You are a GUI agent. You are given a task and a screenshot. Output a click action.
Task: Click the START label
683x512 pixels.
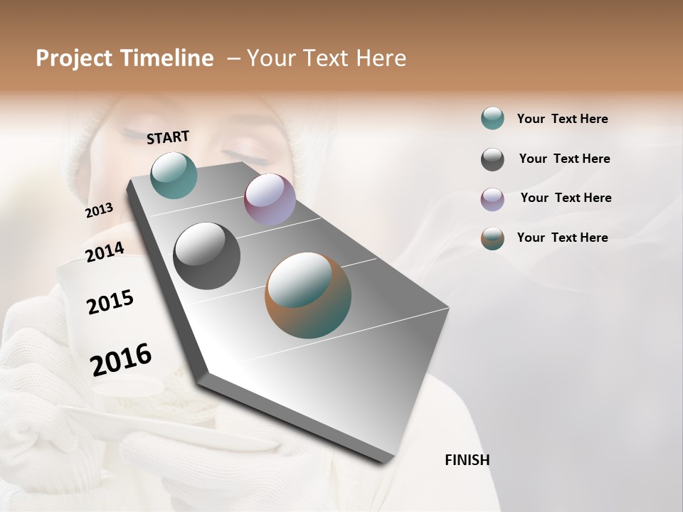(x=168, y=137)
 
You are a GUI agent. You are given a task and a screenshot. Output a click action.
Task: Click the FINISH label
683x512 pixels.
(x=467, y=460)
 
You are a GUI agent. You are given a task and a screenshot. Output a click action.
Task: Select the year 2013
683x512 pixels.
(x=100, y=210)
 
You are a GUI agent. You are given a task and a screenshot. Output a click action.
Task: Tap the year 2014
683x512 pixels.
(x=105, y=252)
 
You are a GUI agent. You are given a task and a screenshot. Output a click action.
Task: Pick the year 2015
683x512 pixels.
(x=110, y=302)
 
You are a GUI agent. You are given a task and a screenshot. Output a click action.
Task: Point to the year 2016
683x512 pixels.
(x=121, y=359)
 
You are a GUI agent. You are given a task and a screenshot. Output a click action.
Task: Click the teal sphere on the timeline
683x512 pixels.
(x=174, y=175)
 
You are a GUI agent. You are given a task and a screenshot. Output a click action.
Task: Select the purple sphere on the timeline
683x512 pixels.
(x=270, y=199)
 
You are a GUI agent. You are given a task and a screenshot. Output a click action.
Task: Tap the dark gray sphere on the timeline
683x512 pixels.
(x=207, y=256)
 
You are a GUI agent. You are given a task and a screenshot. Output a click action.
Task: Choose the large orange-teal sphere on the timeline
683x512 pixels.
(x=308, y=295)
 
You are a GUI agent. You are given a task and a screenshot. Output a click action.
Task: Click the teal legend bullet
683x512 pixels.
(x=492, y=119)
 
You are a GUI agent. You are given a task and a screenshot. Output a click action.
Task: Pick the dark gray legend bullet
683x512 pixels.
(x=492, y=159)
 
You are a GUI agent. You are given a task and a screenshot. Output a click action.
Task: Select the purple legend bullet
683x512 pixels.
(x=492, y=199)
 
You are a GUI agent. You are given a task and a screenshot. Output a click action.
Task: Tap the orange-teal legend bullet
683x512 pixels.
(x=492, y=238)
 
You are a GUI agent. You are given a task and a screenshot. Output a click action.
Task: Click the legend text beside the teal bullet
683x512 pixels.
(x=562, y=119)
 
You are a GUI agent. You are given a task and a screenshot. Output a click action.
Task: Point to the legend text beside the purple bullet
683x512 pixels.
(x=566, y=198)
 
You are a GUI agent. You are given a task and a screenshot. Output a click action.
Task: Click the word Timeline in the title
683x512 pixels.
(x=166, y=58)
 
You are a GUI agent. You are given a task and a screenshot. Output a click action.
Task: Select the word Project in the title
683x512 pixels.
(x=74, y=58)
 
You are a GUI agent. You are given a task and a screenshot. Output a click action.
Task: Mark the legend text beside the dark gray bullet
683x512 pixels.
(x=564, y=159)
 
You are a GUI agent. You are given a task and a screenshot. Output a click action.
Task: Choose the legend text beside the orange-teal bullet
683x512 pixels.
(x=562, y=238)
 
